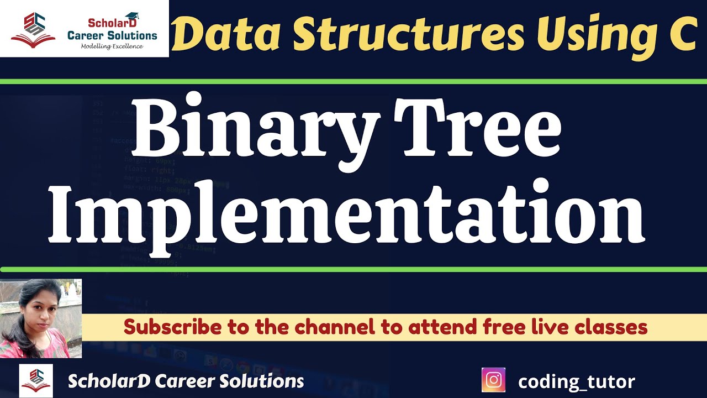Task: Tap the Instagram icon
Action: (x=494, y=381)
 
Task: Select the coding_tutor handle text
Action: (x=576, y=381)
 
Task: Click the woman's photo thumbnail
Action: (x=41, y=318)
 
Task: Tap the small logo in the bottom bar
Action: (x=36, y=380)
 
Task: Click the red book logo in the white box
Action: (x=33, y=30)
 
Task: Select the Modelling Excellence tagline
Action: (x=112, y=46)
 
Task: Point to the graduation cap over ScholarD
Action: (x=132, y=17)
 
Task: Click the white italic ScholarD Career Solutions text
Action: (x=186, y=381)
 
